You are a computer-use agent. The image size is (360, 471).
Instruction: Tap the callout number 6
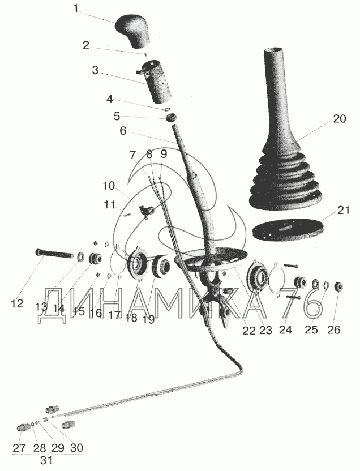click(x=123, y=131)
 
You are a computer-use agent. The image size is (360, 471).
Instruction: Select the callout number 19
click(x=148, y=319)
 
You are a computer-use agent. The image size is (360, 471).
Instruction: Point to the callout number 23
click(x=265, y=330)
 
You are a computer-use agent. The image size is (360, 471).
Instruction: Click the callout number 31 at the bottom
click(x=46, y=460)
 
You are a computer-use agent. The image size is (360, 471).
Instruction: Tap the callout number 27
click(x=20, y=448)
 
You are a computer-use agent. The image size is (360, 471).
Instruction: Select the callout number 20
click(x=339, y=119)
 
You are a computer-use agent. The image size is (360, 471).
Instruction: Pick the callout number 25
click(x=311, y=329)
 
